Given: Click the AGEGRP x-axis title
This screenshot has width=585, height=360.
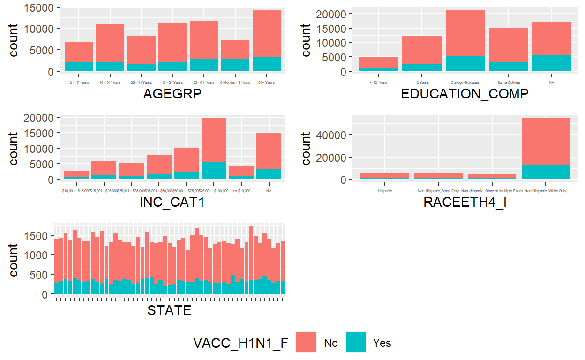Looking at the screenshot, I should [x=172, y=94].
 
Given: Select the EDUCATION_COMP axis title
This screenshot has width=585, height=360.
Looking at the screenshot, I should [x=465, y=94].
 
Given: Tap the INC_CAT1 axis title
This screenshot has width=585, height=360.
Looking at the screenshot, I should [x=172, y=202].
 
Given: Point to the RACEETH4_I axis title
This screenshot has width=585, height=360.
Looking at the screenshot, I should [x=465, y=202].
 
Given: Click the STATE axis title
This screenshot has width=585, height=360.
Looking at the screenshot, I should [x=169, y=310].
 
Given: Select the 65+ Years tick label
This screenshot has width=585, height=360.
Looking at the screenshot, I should [x=266, y=83].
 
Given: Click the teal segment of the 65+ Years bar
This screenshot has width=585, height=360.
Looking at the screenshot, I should [x=266, y=64].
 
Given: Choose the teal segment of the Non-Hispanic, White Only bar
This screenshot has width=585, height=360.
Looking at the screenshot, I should [x=546, y=172].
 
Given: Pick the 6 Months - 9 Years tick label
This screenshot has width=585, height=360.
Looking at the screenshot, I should [x=235, y=83].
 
